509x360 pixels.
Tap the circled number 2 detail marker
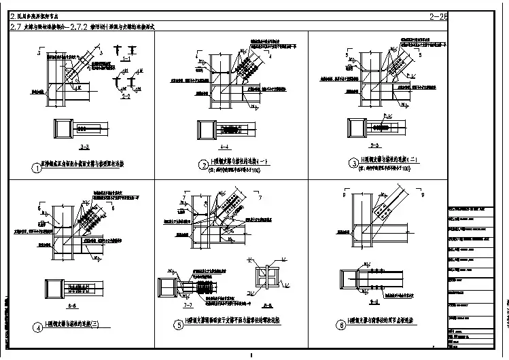click(x=203, y=164)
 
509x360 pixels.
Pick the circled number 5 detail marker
click(x=179, y=324)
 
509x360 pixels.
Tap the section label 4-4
click(x=226, y=146)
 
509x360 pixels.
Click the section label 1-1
click(x=126, y=59)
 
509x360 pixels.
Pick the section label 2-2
click(x=125, y=96)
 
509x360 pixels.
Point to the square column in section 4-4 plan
click(x=207, y=129)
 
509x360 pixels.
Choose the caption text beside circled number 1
click(x=85, y=165)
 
